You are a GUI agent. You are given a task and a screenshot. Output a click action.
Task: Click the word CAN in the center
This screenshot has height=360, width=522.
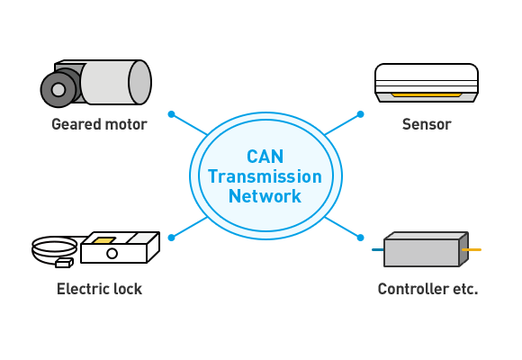click(265, 157)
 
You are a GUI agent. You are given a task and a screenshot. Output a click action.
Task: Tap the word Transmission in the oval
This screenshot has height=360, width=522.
click(265, 176)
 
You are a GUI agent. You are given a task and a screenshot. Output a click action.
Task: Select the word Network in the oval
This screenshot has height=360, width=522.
click(265, 196)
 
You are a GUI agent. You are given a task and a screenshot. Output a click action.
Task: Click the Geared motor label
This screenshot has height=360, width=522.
click(99, 124)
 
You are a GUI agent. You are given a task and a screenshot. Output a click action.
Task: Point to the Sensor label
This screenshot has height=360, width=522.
click(427, 124)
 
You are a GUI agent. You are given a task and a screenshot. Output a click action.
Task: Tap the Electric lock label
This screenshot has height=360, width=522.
click(99, 289)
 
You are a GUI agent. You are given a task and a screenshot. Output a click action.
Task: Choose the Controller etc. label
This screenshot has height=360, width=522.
click(427, 289)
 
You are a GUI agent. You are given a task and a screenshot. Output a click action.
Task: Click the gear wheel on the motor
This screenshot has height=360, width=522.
click(58, 90)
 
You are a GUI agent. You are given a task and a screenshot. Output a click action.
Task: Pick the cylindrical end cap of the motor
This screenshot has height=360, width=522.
click(139, 82)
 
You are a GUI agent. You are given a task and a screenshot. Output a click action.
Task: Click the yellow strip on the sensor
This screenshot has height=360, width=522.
click(427, 95)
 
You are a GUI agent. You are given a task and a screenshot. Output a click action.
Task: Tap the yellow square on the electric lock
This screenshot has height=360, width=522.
click(103, 240)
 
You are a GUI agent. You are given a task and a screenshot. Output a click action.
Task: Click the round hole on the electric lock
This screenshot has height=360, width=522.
click(112, 254)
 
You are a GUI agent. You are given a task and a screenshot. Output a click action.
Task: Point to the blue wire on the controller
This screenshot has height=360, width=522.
click(378, 250)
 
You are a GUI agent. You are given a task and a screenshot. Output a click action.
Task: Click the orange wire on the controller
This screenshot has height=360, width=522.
click(472, 249)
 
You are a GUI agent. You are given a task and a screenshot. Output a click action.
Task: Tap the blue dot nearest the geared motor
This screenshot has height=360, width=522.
click(171, 114)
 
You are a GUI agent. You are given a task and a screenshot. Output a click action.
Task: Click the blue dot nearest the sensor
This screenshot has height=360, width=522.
click(360, 114)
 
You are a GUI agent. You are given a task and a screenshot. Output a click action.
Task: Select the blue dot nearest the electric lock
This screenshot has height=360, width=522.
click(171, 238)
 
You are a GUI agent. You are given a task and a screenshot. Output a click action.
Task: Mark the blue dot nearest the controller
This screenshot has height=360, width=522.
click(360, 238)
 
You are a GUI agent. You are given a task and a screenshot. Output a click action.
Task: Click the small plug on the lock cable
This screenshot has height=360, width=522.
click(64, 263)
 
